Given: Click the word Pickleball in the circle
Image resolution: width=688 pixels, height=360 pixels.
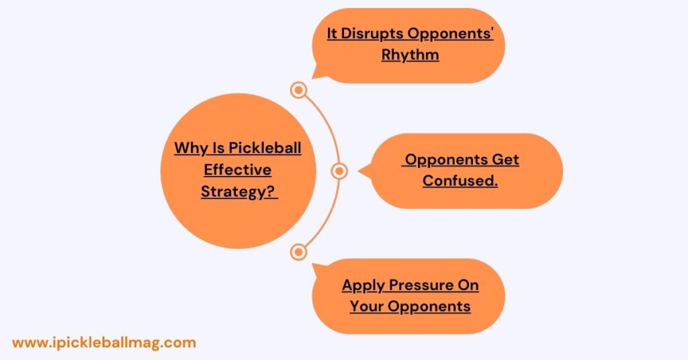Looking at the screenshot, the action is [x=265, y=148].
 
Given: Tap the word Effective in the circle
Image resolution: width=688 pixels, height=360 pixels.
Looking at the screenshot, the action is [x=237, y=170].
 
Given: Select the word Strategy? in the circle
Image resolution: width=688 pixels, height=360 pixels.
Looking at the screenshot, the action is [x=237, y=191].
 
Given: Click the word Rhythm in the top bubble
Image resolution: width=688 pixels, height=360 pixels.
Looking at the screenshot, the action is [x=410, y=55].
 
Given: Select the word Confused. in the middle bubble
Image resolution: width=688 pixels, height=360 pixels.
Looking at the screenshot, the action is [x=460, y=181].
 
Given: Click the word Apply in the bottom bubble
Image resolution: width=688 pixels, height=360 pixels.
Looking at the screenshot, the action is [x=363, y=285].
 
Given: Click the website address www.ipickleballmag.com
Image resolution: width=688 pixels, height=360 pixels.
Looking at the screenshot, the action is [x=104, y=343].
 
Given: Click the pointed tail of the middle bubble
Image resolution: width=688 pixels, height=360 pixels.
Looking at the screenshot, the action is [x=359, y=171].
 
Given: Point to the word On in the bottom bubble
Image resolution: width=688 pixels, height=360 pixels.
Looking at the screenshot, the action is [x=468, y=285].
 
